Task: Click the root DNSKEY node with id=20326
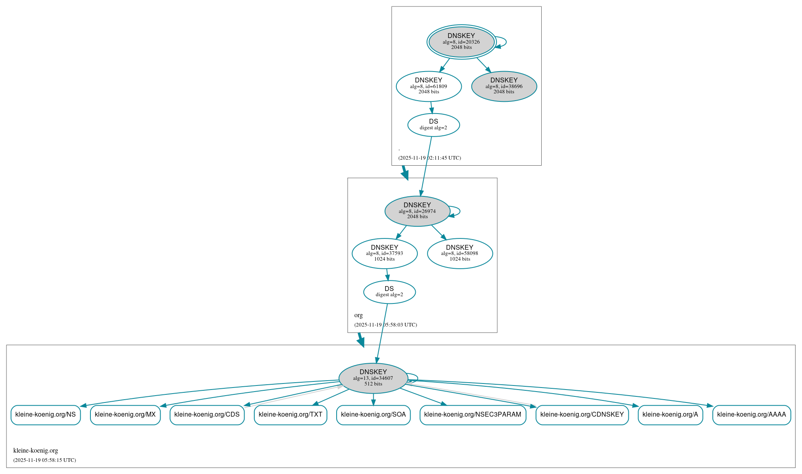(461, 42)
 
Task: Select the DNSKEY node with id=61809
(429, 86)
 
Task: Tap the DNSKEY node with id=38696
(504, 86)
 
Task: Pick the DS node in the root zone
(433, 125)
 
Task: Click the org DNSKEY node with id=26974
(417, 211)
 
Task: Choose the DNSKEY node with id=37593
(385, 253)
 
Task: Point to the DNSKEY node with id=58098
(460, 253)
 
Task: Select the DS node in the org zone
(389, 292)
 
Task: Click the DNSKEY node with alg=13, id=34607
(373, 378)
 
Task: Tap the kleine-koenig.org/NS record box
(46, 415)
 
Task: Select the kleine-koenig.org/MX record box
(125, 415)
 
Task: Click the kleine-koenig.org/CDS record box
(207, 415)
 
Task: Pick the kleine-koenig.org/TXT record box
(291, 415)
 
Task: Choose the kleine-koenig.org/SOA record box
(373, 415)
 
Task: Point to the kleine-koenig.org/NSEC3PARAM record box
(473, 415)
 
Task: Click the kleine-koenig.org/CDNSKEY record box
(582, 415)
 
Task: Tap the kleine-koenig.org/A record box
(670, 415)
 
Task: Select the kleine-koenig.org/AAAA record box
(752, 415)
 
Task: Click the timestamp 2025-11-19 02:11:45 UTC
(429, 158)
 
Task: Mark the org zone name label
(358, 315)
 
